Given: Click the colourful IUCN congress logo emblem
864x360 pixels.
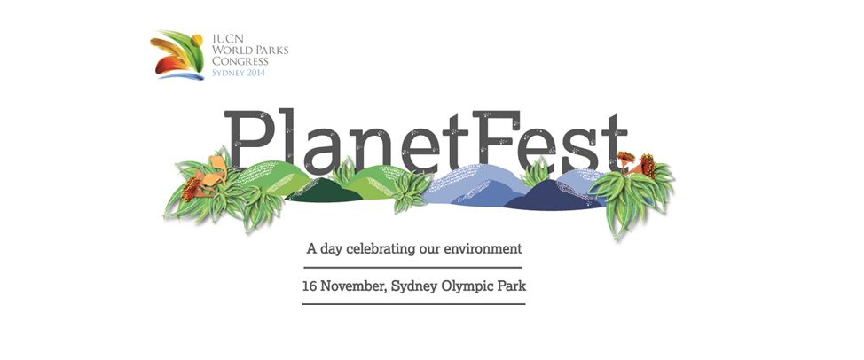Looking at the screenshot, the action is point(177,54).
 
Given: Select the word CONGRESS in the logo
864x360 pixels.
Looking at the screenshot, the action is point(240,61).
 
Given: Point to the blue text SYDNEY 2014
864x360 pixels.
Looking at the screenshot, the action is point(239,72).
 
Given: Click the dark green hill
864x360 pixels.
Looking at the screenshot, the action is point(324,191).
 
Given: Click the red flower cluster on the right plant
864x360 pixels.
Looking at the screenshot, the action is point(648,165).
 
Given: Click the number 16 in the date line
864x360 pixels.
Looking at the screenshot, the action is point(309,286).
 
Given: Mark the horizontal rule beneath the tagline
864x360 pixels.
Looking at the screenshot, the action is point(413,268).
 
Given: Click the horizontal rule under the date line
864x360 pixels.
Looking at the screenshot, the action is point(414,304).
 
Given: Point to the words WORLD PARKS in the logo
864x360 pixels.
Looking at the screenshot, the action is point(250,50).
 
